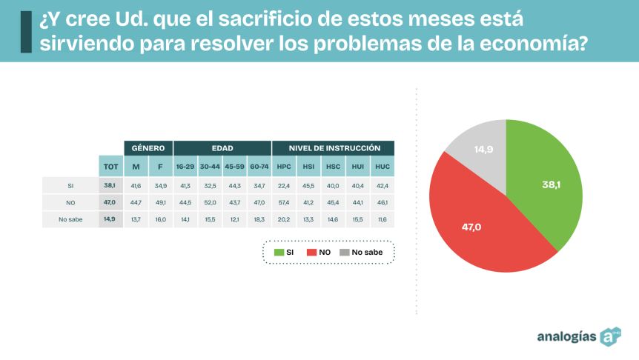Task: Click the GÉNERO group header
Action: tap(148, 148)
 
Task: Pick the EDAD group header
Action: tap(222, 148)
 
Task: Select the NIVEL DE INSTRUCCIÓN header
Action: tap(334, 148)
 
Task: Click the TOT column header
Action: tap(110, 166)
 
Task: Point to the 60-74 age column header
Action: tap(259, 166)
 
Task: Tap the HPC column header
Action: tap(284, 166)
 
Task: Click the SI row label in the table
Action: tap(70, 185)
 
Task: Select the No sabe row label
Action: tap(70, 219)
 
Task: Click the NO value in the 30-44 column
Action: tap(210, 202)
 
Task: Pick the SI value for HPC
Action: tap(284, 185)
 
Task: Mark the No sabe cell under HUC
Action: tap(383, 219)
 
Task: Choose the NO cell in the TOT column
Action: tap(110, 202)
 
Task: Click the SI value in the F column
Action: tap(160, 185)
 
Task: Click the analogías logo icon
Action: tap(610, 336)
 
